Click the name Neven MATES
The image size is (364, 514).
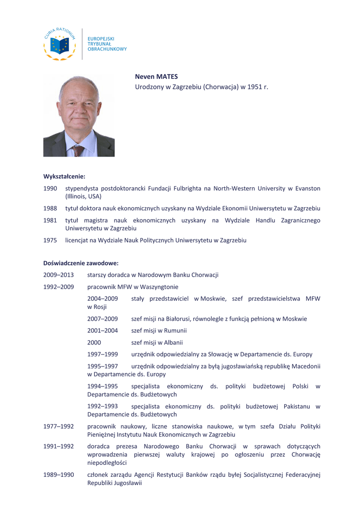coord(156,77)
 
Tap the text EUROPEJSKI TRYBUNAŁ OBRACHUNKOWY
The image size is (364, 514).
coord(107,44)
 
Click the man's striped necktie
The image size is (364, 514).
coord(78,150)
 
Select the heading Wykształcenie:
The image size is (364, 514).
coord(64,176)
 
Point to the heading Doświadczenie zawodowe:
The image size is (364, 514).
coord(81,263)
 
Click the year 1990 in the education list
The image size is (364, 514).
coord(50,188)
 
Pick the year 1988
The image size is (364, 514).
coord(50,208)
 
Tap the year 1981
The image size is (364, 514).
coord(50,220)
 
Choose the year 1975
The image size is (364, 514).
coord(50,240)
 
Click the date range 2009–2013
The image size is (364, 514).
coord(58,275)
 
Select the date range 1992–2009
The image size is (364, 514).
coord(58,287)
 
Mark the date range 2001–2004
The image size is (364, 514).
coord(102,330)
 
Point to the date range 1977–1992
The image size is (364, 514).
coord(58,427)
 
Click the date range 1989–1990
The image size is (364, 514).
coord(58,474)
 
